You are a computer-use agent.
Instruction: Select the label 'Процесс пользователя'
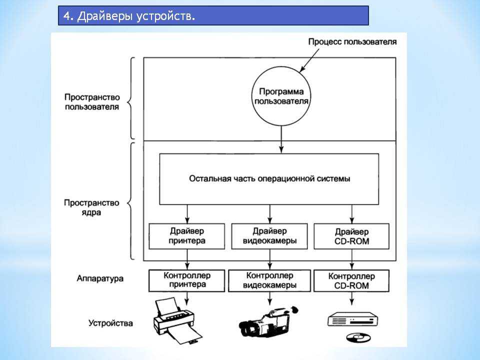click(352, 41)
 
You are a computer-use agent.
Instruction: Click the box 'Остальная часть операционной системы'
click(269, 179)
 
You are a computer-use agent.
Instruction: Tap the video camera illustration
click(268, 321)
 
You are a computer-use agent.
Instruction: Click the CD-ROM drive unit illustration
click(352, 319)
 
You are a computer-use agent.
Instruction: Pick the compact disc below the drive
click(358, 337)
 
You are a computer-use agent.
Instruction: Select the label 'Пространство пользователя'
click(92, 102)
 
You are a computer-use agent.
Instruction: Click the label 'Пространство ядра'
click(91, 207)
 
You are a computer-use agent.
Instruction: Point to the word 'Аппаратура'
click(100, 278)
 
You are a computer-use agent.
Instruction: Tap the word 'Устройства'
click(110, 323)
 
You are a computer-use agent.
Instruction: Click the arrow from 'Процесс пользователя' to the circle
click(309, 60)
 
